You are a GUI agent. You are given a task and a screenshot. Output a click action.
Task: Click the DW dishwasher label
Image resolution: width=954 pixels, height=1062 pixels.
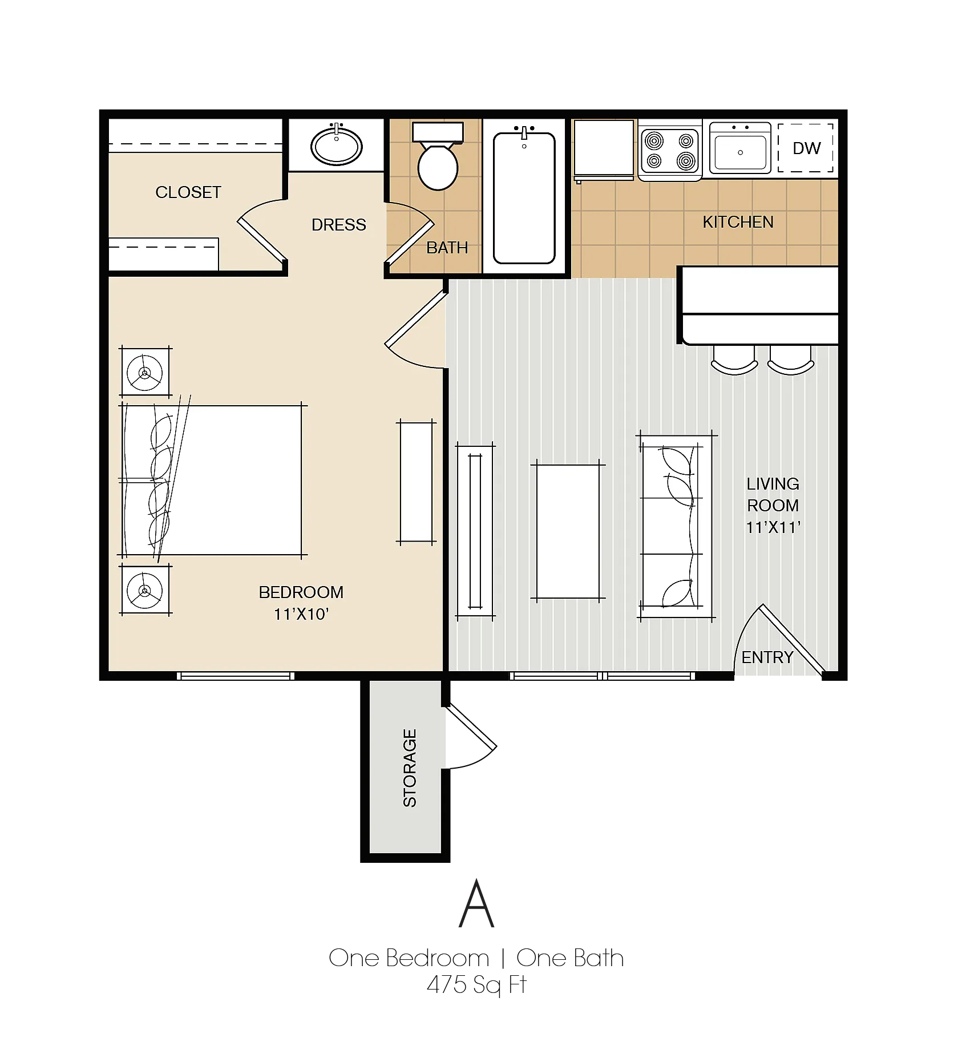806,148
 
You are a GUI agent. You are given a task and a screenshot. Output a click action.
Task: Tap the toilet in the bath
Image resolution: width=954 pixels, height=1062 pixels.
438,156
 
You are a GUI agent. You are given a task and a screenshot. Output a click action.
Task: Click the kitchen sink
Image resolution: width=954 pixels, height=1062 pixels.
740,148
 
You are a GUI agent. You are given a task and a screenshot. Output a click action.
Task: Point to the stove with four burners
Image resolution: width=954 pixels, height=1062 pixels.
670,151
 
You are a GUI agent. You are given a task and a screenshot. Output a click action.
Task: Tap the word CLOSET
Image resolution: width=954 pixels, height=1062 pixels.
188,192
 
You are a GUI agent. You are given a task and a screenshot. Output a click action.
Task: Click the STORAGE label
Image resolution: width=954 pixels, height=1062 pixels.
410,768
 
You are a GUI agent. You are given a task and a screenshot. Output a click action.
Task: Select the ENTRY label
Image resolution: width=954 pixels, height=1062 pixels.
767,657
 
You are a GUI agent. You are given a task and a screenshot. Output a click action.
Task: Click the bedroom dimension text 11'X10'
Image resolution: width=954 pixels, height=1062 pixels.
301,614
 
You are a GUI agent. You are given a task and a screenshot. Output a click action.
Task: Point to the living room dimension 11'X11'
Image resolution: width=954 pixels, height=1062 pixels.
773,527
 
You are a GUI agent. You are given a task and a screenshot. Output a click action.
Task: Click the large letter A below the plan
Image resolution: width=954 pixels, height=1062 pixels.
476,904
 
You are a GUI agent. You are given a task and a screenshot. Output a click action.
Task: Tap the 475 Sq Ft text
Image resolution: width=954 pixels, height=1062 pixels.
476,985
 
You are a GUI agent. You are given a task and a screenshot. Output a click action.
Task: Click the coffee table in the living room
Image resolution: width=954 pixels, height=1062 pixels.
568,531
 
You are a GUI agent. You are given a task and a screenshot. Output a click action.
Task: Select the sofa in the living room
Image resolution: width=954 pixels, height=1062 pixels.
676,526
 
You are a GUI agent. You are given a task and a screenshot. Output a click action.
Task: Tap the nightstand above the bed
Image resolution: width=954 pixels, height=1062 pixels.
145,372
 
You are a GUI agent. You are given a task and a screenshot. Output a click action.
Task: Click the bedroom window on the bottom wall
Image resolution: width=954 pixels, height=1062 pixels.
235,676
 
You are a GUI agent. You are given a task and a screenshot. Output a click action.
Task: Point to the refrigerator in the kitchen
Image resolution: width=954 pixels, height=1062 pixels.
604,150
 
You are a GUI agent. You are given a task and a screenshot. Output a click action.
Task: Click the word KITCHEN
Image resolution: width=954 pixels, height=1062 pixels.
738,222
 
